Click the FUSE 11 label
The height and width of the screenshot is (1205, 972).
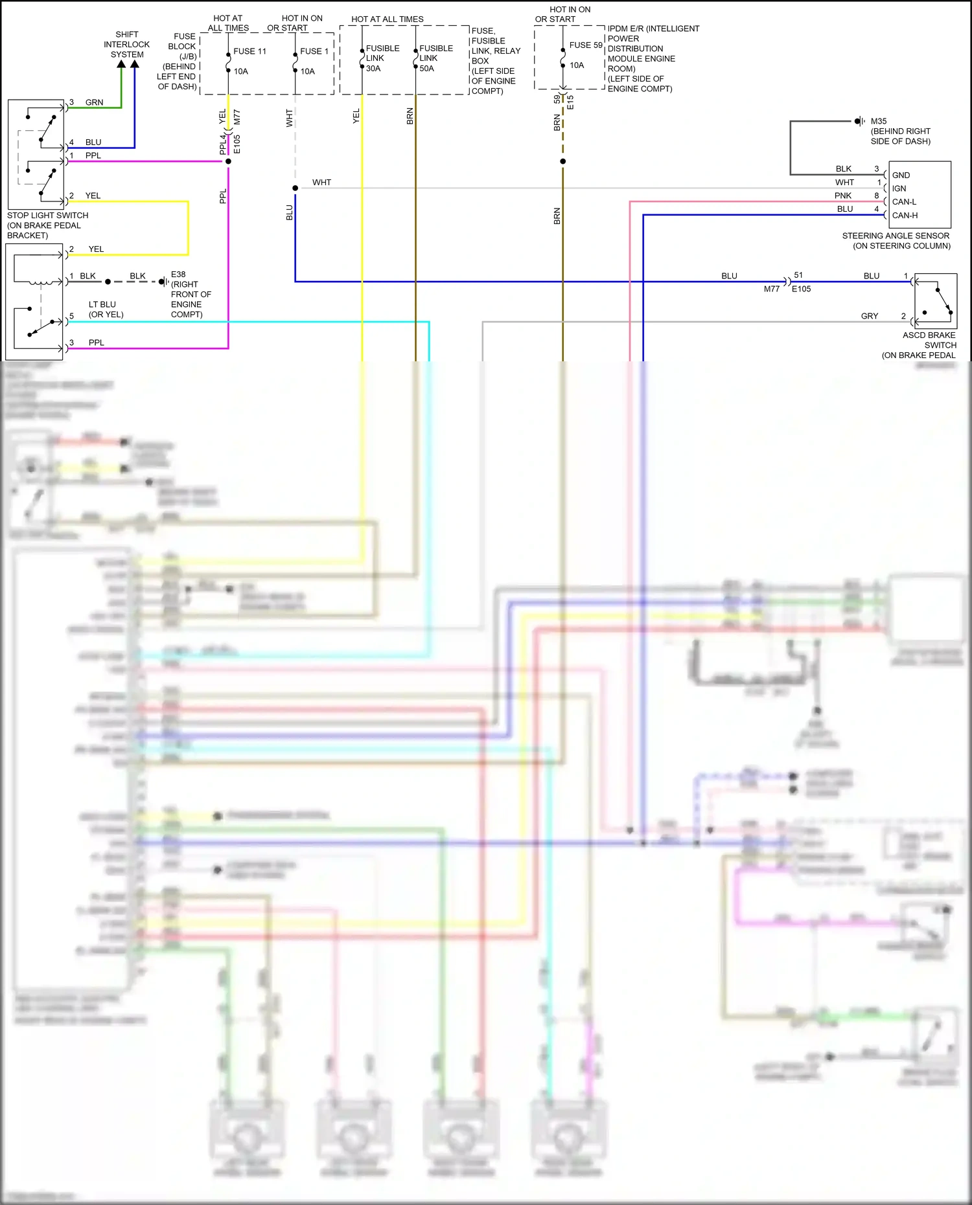[x=249, y=51]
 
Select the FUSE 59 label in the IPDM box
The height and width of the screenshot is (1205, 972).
[x=585, y=45]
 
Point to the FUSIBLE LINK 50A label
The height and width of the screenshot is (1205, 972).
[x=435, y=58]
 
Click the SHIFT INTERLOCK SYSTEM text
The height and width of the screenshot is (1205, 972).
[x=126, y=44]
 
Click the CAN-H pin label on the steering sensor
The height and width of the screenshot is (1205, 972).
[x=905, y=216]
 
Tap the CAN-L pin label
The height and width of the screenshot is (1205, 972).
[x=904, y=202]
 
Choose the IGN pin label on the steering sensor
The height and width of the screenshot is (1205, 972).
[x=899, y=188]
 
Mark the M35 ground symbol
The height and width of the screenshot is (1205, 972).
[x=859, y=121]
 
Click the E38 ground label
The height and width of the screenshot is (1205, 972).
[x=179, y=275]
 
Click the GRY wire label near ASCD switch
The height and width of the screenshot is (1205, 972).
[x=869, y=316]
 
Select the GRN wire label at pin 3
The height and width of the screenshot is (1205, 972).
[x=94, y=102]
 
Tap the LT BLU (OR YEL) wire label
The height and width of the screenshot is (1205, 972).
[x=105, y=309]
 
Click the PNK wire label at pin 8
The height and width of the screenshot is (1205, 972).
[x=842, y=196]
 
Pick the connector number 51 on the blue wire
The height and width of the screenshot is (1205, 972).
[x=798, y=275]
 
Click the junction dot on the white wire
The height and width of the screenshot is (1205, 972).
[x=295, y=188]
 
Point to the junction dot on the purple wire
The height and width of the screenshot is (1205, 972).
[x=228, y=161]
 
